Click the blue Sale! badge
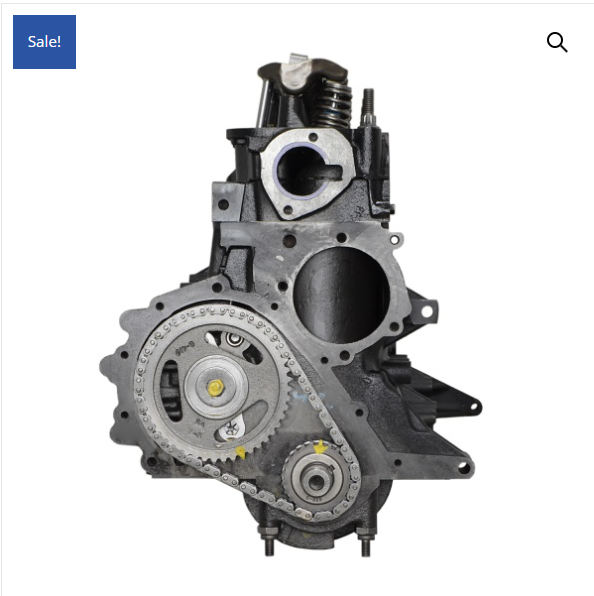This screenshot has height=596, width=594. coord(44,42)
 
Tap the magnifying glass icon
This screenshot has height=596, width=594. coord(557,42)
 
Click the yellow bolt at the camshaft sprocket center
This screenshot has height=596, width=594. coord(215,388)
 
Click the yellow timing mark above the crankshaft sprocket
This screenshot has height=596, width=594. coord(320,447)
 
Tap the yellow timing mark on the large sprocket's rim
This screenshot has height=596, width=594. coord(240,452)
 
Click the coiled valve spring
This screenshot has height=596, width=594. coord(333,104)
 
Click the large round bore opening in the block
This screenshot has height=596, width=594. coord(341,295)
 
